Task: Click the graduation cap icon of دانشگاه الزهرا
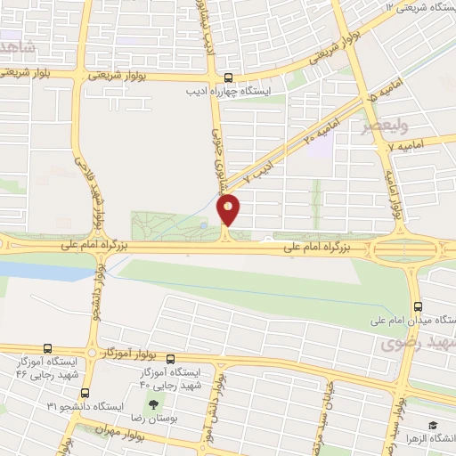433,426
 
